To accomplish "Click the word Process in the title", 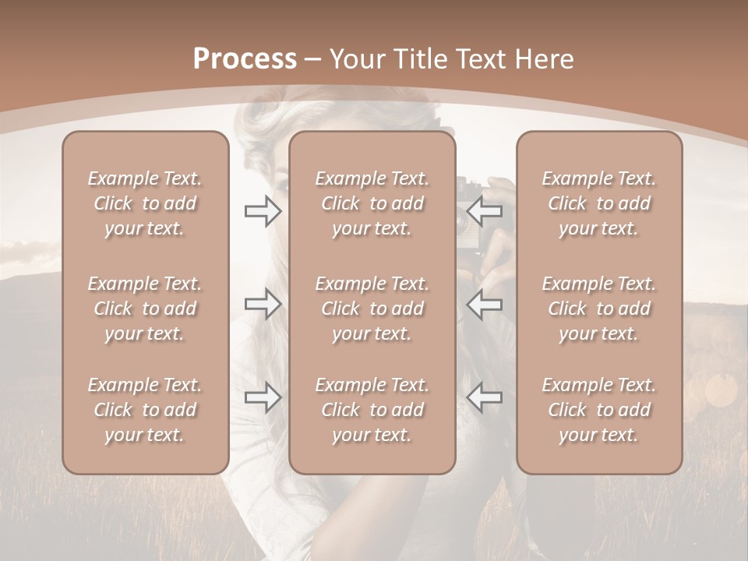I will click(x=245, y=58).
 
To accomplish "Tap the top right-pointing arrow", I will click(x=263, y=211).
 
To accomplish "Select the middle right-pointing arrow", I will click(x=263, y=304).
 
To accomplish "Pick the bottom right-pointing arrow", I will click(x=263, y=397).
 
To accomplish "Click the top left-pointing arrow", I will click(x=485, y=211).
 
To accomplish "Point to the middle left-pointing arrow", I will click(x=485, y=304).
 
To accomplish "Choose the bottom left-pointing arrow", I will click(x=485, y=397).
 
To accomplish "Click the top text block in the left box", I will click(x=145, y=203).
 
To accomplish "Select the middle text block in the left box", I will click(x=145, y=309).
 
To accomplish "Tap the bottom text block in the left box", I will click(x=145, y=410).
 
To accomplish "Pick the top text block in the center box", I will click(x=372, y=203).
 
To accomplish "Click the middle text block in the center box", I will click(x=372, y=309).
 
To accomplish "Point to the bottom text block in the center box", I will click(x=372, y=410).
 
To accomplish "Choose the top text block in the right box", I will click(x=599, y=203).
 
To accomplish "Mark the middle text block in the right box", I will click(x=599, y=309).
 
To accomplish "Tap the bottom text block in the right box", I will click(x=599, y=410).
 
